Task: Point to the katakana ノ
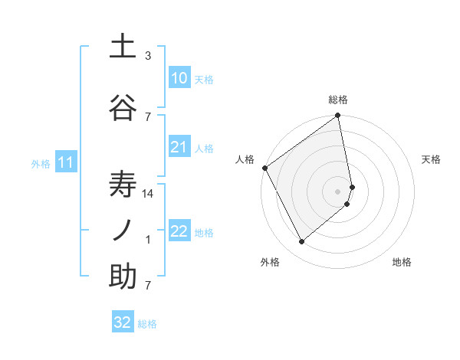pos(123,230)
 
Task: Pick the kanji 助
pos(123,277)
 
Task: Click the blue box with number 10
pos(179,78)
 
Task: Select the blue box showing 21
pos(179,147)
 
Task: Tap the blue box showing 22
pos(179,231)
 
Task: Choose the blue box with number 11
pos(65,162)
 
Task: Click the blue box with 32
pos(123,322)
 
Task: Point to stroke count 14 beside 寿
pos(148,194)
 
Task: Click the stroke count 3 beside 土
pos(148,56)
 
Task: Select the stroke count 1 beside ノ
pos(148,240)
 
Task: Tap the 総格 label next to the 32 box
pos(148,324)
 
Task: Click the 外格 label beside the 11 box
pos(41,163)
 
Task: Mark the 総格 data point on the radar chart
pos(338,116)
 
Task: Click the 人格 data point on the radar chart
pos(264,168)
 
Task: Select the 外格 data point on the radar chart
pos(302,242)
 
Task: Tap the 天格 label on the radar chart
pos(432,159)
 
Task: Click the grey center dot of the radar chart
pos(338,191)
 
